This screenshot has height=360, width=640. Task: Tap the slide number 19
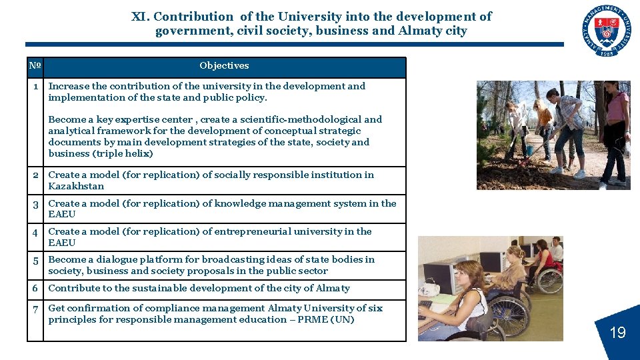pos(617,332)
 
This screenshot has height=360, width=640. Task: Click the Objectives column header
pos(224,66)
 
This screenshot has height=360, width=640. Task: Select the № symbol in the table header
pos(35,66)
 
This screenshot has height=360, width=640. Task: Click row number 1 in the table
pos(36,86)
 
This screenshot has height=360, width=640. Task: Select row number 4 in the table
pos(35,232)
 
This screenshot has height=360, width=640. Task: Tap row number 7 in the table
pos(35,309)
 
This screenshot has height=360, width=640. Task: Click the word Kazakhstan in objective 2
pos(76,187)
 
